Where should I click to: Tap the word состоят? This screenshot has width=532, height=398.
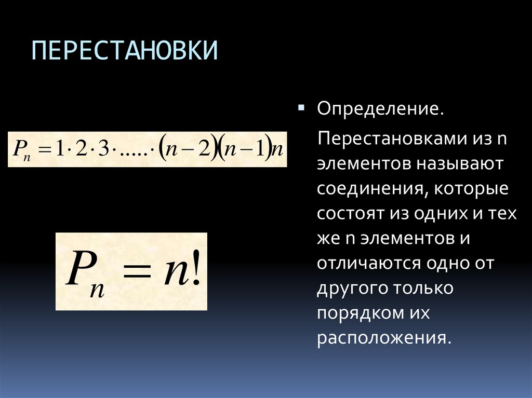348,214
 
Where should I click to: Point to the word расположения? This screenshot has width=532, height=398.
382,338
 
